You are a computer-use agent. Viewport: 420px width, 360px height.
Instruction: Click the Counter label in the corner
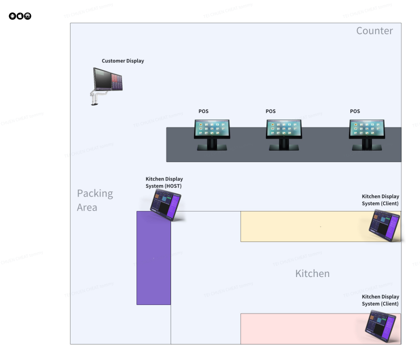coord(374,31)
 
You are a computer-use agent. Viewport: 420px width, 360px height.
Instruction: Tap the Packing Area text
coord(95,200)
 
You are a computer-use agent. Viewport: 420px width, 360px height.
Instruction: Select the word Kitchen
coord(312,273)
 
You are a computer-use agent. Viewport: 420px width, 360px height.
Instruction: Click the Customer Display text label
coord(122,61)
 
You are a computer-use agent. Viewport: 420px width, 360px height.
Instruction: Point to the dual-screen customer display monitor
coord(108,79)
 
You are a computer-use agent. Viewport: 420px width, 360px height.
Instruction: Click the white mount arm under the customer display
coord(97,95)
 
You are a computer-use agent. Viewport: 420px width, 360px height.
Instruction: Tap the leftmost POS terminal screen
coord(212,128)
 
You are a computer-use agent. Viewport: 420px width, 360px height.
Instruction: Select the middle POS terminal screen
coord(283,128)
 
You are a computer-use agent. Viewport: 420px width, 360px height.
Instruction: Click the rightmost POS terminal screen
coord(366,128)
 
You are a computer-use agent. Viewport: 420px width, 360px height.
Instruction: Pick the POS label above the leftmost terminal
coord(203,111)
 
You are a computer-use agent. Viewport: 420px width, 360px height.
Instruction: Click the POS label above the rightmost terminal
coord(354,111)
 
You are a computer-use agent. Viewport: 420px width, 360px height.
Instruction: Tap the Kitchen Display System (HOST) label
coord(164,182)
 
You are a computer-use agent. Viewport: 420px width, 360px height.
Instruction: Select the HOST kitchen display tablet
coord(166,204)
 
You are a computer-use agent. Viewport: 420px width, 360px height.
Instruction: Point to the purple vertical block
coord(153,257)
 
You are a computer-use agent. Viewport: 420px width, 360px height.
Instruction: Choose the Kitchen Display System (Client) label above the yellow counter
coord(380,200)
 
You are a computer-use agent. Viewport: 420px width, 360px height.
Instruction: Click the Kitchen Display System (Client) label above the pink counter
coord(380,300)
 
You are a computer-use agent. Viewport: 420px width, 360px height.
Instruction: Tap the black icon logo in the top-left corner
coord(20,16)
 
